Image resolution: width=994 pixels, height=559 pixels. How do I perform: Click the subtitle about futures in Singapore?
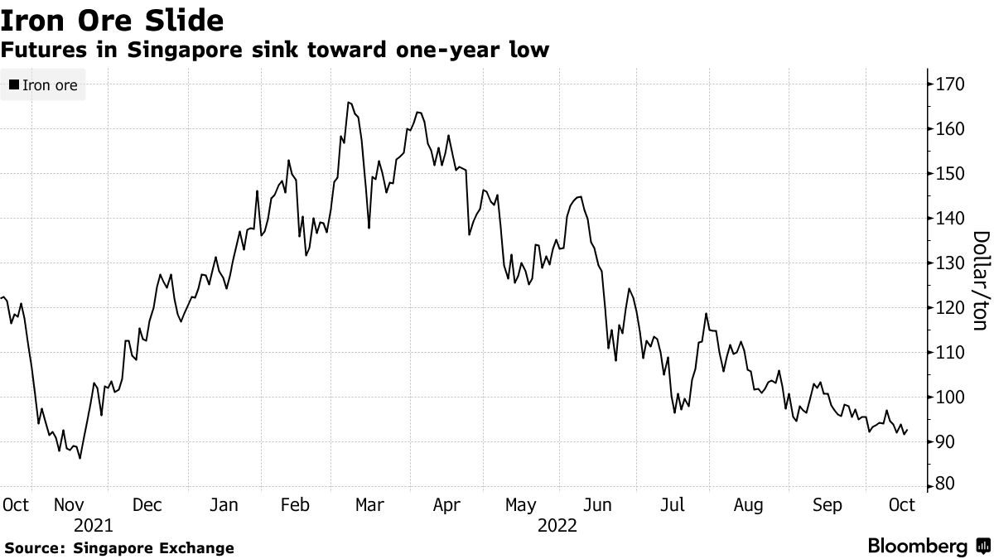(274, 51)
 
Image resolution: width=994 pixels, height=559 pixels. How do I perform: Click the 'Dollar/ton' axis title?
(978, 281)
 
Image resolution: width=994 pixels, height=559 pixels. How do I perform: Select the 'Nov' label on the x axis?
(70, 504)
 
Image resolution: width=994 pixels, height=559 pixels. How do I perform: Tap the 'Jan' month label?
(224, 504)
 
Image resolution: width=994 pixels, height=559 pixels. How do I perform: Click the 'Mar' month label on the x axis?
(369, 504)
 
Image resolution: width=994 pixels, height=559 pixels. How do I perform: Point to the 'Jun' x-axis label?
(597, 504)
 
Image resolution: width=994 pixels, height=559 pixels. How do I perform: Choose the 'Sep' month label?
(828, 504)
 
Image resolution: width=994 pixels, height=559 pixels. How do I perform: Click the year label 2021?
(93, 525)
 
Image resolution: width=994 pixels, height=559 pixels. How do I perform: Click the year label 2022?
(557, 525)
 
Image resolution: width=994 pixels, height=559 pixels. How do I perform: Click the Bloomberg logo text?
(917, 547)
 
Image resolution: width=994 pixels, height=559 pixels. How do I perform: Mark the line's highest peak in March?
(348, 103)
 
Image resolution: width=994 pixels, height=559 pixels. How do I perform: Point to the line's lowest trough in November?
(80, 458)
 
